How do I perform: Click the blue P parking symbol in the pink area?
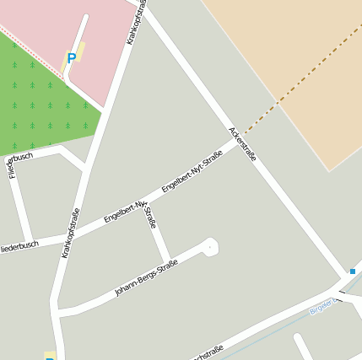pyautogui.click(x=71, y=58)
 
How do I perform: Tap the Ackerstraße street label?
pyautogui.click(x=242, y=144)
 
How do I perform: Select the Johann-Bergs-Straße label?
pyautogui.click(x=146, y=278)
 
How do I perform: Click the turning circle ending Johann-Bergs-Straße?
pyautogui.click(x=209, y=246)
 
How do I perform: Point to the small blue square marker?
pyautogui.click(x=352, y=271)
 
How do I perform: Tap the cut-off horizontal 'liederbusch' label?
pyautogui.click(x=19, y=245)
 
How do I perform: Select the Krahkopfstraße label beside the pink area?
pyautogui.click(x=136, y=20)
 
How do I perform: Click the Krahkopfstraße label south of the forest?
pyautogui.click(x=70, y=233)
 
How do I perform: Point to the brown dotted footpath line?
pyautogui.click(x=295, y=85)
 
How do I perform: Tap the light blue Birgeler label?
pyautogui.click(x=323, y=309)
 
